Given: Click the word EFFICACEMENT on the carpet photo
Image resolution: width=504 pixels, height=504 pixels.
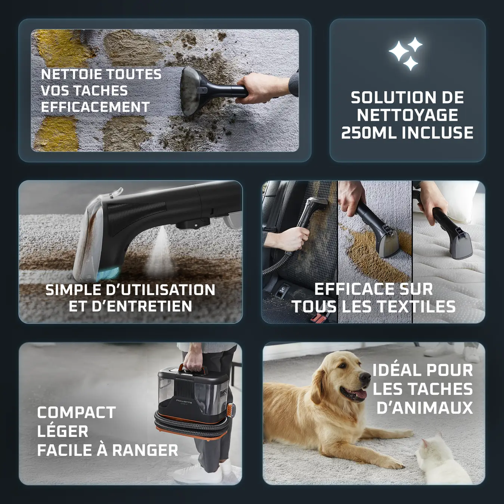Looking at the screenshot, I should tap(95, 107).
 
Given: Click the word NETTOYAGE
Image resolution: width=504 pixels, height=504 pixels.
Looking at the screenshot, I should tap(407, 115).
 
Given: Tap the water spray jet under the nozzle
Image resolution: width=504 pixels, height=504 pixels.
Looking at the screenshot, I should tap(161, 250).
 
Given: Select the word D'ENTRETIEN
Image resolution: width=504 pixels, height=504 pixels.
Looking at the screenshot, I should tap(142, 306).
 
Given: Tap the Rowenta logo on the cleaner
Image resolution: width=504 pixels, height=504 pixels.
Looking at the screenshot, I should tap(184, 401).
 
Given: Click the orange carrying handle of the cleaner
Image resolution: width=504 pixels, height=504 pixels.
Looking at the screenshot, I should tap(193, 370).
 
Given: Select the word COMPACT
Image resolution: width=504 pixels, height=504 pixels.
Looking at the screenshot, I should tap(76, 413).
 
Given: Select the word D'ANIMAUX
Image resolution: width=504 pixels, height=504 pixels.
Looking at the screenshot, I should tap(424, 408).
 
